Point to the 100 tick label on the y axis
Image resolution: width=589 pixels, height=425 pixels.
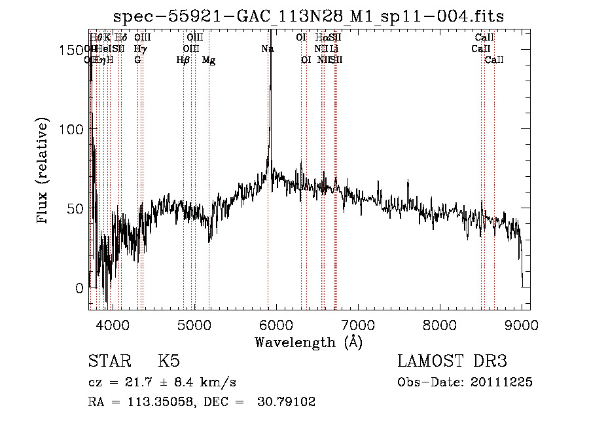click(x=71, y=130)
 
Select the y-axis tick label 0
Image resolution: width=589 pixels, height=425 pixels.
click(x=79, y=288)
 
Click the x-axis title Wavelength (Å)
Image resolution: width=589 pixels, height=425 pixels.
click(x=308, y=342)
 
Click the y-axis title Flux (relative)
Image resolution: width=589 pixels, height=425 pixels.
click(x=44, y=172)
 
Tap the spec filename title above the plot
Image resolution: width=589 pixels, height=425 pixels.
click(x=309, y=16)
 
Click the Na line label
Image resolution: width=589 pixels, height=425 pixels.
click(x=267, y=49)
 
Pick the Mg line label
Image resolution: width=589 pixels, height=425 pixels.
click(x=209, y=60)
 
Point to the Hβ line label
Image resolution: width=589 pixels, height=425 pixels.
click(x=183, y=60)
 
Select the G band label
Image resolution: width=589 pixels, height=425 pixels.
click(x=137, y=60)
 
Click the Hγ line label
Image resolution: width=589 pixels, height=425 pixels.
click(x=139, y=49)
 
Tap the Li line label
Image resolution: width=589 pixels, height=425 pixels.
click(x=334, y=49)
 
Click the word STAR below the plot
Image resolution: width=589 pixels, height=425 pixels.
click(x=109, y=361)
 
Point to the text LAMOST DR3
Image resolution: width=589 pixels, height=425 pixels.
click(x=452, y=361)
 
